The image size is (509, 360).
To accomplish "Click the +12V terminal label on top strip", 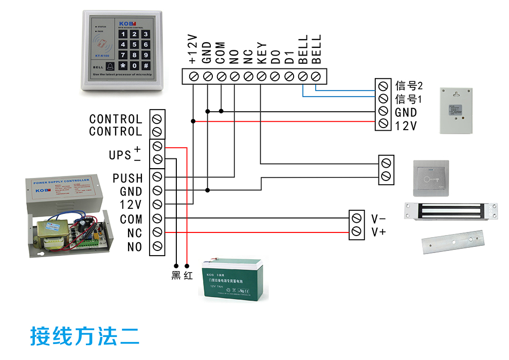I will click(x=193, y=50).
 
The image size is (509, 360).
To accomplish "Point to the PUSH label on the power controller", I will click(x=128, y=178).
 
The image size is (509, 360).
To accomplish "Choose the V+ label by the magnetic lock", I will click(x=379, y=232).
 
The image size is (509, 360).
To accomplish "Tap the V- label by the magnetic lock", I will click(x=379, y=218).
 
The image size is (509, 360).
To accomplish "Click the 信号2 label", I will click(x=409, y=85).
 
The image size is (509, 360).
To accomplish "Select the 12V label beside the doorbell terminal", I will click(x=406, y=125).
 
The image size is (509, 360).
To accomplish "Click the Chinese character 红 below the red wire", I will click(x=188, y=276).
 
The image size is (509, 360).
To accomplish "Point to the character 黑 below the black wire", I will click(x=176, y=276).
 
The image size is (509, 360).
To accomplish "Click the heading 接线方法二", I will click(x=85, y=336).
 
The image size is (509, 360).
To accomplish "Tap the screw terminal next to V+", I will click(x=356, y=232).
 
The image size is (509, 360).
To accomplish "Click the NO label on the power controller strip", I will click(x=134, y=247).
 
